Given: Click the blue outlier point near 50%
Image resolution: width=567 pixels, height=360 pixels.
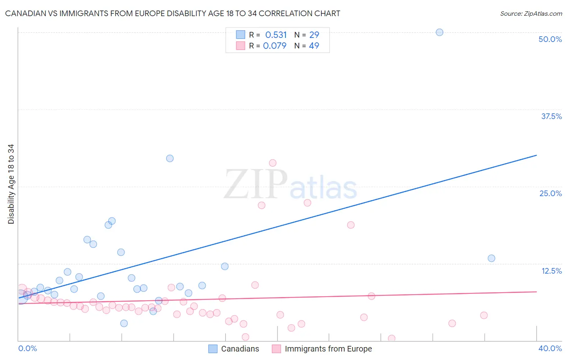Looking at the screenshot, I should [440, 32].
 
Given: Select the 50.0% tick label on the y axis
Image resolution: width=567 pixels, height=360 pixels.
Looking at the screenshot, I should [550, 39].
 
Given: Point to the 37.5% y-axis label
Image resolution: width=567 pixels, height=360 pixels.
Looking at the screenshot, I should [551, 116].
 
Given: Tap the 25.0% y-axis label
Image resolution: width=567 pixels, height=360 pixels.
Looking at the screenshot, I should [550, 193].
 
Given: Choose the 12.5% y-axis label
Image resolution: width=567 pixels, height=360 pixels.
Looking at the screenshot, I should [551, 271].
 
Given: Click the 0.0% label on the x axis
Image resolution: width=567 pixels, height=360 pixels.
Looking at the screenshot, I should [27, 348].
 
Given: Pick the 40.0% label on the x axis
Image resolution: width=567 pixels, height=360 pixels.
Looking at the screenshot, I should [550, 348].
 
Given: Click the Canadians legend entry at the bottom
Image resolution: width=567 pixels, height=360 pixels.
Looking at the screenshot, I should [240, 349].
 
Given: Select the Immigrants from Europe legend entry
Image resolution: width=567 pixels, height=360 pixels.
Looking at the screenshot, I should [328, 349].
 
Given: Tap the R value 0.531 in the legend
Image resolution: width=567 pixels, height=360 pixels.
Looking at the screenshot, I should [276, 35].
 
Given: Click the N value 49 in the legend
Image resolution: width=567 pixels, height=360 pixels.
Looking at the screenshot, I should [314, 46].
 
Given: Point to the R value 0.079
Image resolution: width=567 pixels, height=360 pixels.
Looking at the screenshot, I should [275, 46].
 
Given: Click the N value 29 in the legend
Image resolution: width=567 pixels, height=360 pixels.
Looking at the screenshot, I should [314, 35].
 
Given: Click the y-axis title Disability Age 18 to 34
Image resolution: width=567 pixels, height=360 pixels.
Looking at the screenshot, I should [11, 184].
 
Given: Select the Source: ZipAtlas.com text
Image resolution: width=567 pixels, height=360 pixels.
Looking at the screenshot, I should [531, 14].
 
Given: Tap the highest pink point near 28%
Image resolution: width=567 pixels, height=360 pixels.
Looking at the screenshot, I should [273, 163].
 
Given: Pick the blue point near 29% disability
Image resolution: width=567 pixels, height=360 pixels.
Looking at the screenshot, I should [170, 158].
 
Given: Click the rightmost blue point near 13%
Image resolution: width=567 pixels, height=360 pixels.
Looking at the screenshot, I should [491, 258].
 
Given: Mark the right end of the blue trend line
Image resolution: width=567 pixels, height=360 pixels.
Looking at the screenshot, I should [536, 155].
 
